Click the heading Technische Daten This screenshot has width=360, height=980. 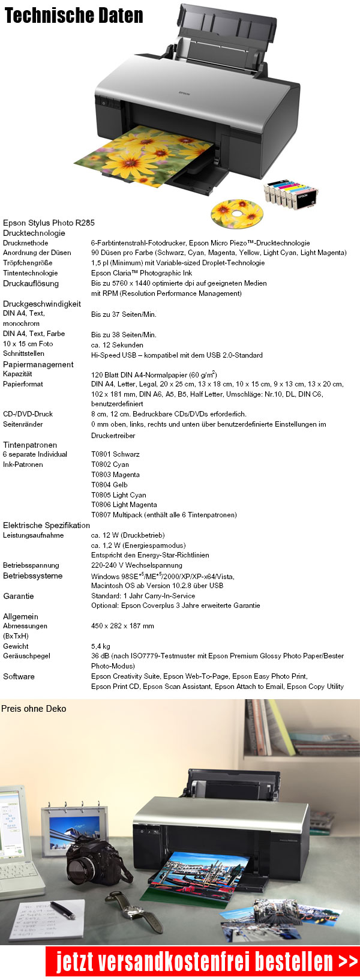tap(74, 16)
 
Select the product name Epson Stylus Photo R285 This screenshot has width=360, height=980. tap(49, 223)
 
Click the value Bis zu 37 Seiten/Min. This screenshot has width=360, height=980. tap(124, 314)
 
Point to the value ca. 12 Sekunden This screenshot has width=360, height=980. tap(117, 345)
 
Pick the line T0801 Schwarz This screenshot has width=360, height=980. tap(115, 454)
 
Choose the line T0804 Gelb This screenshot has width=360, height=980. tap(109, 485)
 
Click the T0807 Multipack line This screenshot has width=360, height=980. tap(164, 515)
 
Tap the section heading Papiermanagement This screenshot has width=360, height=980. tap(38, 364)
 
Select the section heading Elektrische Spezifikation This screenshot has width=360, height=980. tap(46, 525)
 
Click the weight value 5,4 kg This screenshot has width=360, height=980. tap(101, 646)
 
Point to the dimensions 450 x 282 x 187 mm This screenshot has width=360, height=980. tap(122, 626)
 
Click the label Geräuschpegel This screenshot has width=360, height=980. tap(26, 656)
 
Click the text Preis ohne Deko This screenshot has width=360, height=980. tap(34, 709)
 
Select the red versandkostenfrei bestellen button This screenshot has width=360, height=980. tap(202, 961)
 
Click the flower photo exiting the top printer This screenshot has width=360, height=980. tap(144, 155)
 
